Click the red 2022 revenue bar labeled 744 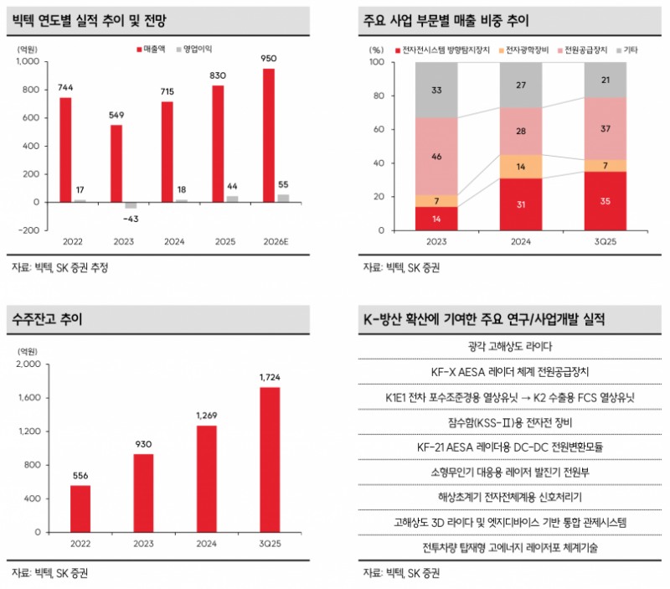[x=65, y=150]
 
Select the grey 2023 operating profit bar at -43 [x=130, y=205]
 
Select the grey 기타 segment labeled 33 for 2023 [x=436, y=90]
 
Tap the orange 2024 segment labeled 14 [x=521, y=167]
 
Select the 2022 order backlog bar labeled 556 [x=80, y=509]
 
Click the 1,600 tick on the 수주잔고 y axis [x=25, y=398]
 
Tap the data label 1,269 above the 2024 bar [x=206, y=416]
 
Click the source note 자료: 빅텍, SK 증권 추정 [x=60, y=268]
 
